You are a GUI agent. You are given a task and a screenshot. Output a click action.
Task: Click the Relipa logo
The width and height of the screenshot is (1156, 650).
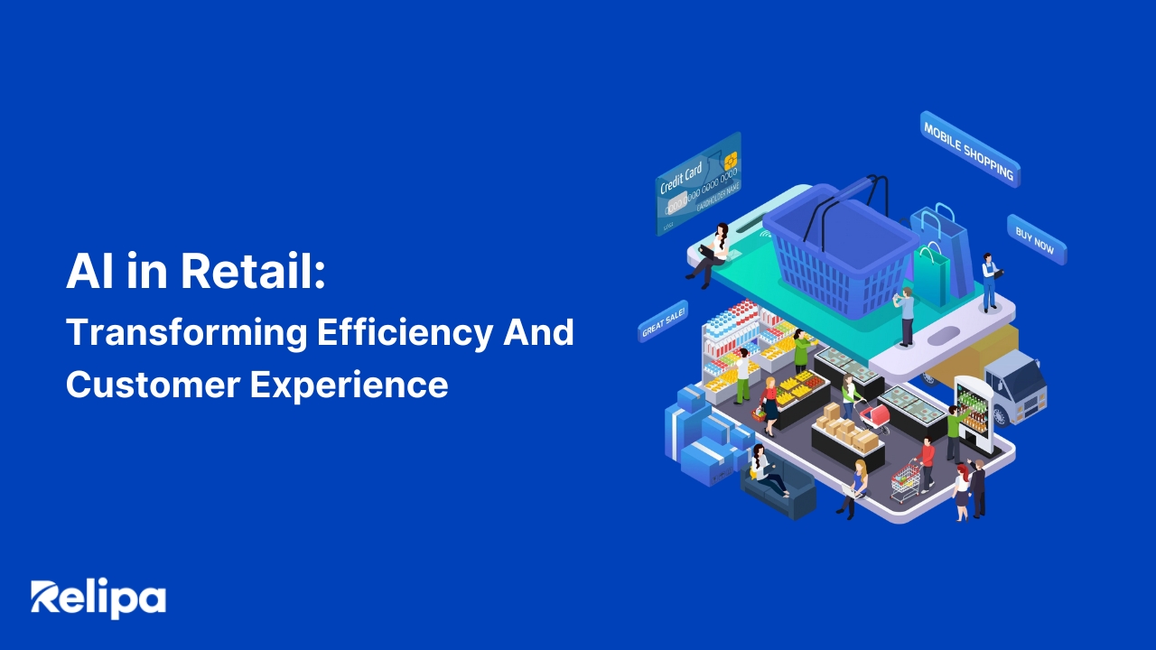tap(98, 599)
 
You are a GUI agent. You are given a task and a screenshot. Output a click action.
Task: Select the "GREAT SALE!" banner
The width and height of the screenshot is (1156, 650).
tap(663, 321)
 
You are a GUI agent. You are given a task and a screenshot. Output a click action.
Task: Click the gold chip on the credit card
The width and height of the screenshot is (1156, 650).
tap(730, 160)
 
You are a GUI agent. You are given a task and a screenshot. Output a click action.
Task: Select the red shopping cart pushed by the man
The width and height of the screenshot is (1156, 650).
tap(905, 480)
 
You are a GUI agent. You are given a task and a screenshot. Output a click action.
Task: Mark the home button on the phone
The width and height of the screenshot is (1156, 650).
tap(945, 335)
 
